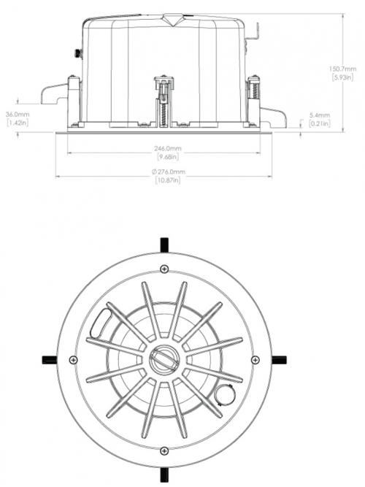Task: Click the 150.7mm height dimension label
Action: [342, 69]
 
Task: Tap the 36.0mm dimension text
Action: [18, 115]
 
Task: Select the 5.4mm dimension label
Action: [320, 115]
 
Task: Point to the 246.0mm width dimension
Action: [167, 149]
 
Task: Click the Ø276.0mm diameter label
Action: [168, 172]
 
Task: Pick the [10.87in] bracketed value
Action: [168, 180]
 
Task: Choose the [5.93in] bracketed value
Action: [342, 77]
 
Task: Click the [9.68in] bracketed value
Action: [168, 157]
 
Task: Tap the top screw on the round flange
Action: [164, 269]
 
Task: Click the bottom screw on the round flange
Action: [164, 450]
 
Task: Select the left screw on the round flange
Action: [73, 360]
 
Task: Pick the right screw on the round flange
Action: [255, 360]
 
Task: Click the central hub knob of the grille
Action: [164, 360]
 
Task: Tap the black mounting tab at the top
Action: [164, 245]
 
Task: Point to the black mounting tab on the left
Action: [50, 360]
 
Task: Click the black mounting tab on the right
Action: [280, 360]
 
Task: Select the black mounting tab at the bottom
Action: [164, 475]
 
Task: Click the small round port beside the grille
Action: [224, 395]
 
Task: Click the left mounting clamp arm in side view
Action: [54, 93]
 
